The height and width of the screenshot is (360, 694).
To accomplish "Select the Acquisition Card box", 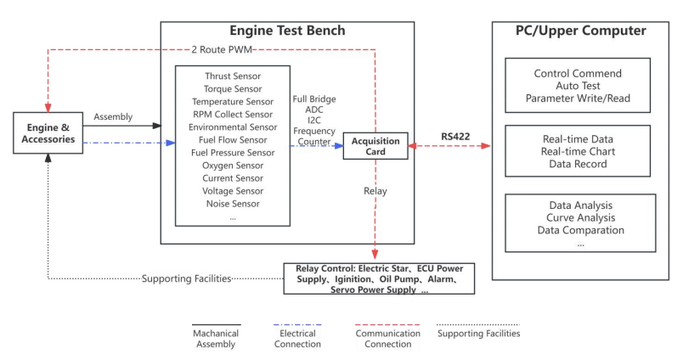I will pyautogui.click(x=375, y=145).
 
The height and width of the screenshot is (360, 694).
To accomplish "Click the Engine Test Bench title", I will pyautogui.click(x=287, y=31).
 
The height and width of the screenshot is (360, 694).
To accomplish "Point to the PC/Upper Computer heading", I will pyautogui.click(x=580, y=31).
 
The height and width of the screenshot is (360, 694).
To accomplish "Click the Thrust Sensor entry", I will pyautogui.click(x=232, y=76).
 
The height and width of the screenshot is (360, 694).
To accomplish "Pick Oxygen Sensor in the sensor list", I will pyautogui.click(x=232, y=165).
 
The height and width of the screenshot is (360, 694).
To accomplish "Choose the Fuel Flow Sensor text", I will pyautogui.click(x=232, y=139).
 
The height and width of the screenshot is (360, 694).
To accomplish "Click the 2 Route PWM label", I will pyautogui.click(x=223, y=49).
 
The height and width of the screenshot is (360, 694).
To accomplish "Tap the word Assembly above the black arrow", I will pyautogui.click(x=113, y=116).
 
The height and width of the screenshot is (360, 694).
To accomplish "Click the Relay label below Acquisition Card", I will pyautogui.click(x=375, y=191).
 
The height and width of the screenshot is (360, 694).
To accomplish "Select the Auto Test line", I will pyautogui.click(x=579, y=86).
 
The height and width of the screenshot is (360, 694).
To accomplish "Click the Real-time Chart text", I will pyautogui.click(x=579, y=151).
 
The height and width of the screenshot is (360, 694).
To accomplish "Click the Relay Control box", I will pyautogui.click(x=379, y=278).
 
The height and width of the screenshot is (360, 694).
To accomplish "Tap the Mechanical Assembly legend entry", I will pyautogui.click(x=216, y=338).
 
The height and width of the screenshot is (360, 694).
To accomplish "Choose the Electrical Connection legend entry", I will pyautogui.click(x=297, y=338).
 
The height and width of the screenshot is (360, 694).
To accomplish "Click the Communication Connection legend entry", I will pyautogui.click(x=387, y=338).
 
